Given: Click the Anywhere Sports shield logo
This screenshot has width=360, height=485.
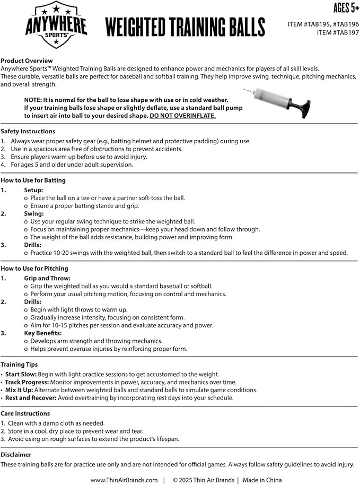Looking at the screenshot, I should tap(56, 25).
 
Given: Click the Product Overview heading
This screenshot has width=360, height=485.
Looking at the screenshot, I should tap(27, 61).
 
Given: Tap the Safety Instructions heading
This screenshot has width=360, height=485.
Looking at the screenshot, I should tap(28, 131).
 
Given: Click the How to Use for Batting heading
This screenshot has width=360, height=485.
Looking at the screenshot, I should tap(33, 180).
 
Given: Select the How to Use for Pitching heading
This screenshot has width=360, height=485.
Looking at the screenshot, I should tap(34, 269).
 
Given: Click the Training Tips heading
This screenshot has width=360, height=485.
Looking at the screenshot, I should tap(20, 365).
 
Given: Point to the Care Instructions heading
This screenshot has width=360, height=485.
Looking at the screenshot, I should tap(25, 413).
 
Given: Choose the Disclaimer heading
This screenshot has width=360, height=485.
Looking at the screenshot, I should tap(16, 455).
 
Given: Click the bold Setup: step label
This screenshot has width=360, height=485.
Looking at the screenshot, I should tap(33, 189).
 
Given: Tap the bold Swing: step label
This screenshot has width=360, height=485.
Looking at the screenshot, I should tap(34, 213).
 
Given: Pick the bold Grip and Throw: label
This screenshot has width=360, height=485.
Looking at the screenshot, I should tap(47, 278).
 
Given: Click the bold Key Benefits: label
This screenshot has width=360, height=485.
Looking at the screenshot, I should tap(43, 333).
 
